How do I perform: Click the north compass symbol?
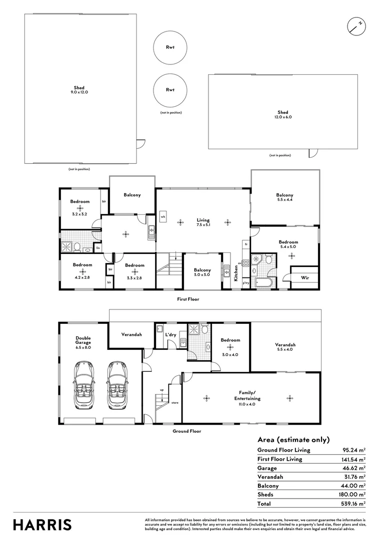coord(356,26)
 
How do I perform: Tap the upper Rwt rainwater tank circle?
coord(170,47)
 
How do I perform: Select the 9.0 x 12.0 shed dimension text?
coord(79,92)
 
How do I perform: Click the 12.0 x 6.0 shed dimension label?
coord(283,117)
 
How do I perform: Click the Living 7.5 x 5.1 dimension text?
coord(203,225)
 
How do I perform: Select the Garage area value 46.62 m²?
coord(352,468)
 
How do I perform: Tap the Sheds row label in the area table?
coord(265,495)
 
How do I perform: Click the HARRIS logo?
coord(42,525)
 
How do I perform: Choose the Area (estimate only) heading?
coord(293,440)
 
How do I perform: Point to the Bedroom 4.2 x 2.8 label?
coord(82,268)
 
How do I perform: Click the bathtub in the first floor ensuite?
coord(262,282)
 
